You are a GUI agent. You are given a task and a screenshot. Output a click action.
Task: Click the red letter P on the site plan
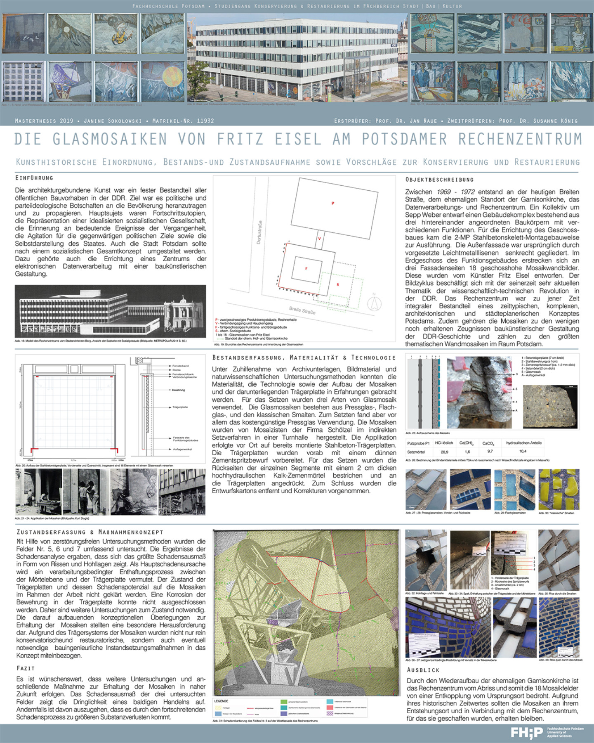coord(332,203)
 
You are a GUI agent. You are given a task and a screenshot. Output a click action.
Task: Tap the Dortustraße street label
coord(259,232)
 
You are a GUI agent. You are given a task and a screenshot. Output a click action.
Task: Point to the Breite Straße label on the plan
coord(302,310)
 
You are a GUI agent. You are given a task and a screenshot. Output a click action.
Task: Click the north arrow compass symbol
coord(374,303)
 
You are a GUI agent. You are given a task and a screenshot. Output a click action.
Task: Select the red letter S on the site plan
coord(337,284)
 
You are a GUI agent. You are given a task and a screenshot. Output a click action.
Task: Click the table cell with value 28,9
coord(444,452)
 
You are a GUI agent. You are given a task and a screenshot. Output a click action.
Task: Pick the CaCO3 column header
coord(488,443)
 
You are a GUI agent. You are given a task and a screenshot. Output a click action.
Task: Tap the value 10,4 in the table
coord(523,452)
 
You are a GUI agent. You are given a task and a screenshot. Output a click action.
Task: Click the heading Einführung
coord(34,178)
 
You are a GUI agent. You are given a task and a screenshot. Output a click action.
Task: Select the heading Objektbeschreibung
coord(439,180)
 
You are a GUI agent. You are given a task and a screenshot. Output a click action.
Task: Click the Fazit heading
coord(26,668)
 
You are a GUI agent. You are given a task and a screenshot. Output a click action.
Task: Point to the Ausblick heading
coord(423,670)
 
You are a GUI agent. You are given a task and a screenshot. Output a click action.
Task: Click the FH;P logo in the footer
coord(527,733)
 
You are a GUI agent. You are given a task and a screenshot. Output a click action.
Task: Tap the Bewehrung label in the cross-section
coord(178,390)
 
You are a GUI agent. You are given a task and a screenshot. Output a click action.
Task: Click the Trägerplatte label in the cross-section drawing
coord(180,407)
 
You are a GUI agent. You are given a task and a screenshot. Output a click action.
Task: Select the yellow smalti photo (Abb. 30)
coord(559,489)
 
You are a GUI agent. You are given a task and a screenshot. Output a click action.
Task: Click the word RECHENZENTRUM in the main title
coord(520,139)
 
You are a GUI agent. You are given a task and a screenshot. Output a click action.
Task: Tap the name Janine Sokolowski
coord(113,121)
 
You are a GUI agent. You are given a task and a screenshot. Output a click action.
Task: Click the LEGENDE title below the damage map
coord(221,701)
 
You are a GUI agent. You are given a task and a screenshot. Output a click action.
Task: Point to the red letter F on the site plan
coord(306,269)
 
